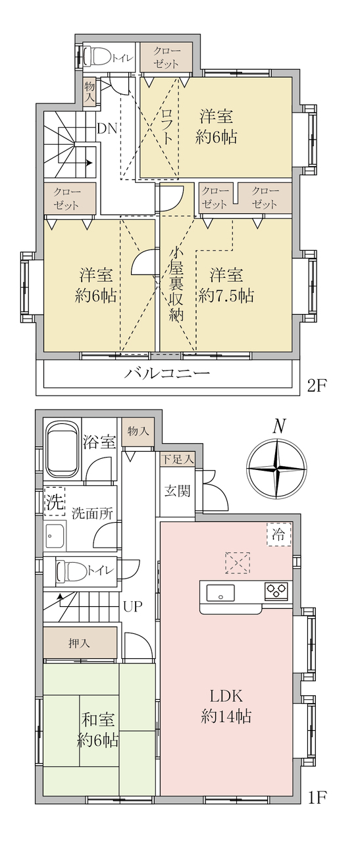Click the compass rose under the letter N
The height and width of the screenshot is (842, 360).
276,468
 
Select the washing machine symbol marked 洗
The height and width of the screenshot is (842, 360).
55,501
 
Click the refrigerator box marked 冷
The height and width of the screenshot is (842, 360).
279,534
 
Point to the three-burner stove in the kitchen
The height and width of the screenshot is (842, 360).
276,591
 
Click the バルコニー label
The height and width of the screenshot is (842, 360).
167,373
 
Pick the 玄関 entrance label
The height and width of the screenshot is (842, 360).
178,490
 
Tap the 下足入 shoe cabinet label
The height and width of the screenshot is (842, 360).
178,459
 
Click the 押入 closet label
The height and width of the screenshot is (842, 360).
79,643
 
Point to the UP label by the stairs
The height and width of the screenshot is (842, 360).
133,606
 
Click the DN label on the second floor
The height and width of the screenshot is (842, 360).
107,128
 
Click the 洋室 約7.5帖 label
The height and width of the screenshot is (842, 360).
226,285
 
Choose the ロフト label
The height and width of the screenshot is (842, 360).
167,126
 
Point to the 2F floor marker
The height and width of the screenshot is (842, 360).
317,386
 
